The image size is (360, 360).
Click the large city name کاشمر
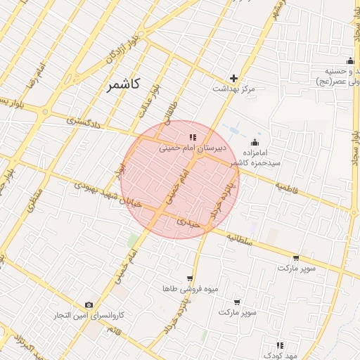point(124,84)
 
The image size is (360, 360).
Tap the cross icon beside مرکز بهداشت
point(234,78)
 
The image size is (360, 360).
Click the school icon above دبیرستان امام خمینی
point(193,136)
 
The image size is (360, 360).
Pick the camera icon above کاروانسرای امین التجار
point(89,304)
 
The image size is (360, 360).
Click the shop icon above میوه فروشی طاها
point(189,278)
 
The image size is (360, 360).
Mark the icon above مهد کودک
point(280,345)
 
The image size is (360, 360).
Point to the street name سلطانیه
point(240,238)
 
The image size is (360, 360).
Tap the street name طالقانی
point(172,111)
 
